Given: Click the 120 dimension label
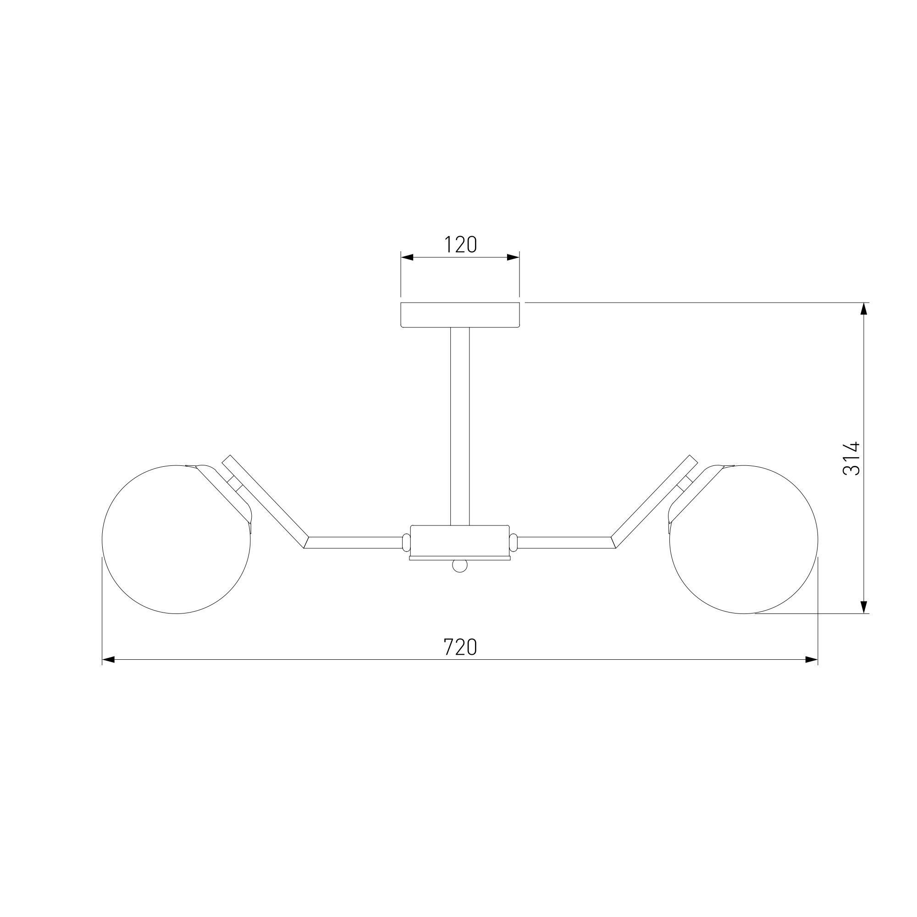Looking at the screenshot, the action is click(460, 245).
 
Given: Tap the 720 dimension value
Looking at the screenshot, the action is click(460, 647).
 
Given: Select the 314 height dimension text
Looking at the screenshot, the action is click(851, 458).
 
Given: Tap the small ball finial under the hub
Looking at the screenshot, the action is click(460, 566).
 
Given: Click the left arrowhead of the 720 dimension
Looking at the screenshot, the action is click(109, 660).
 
